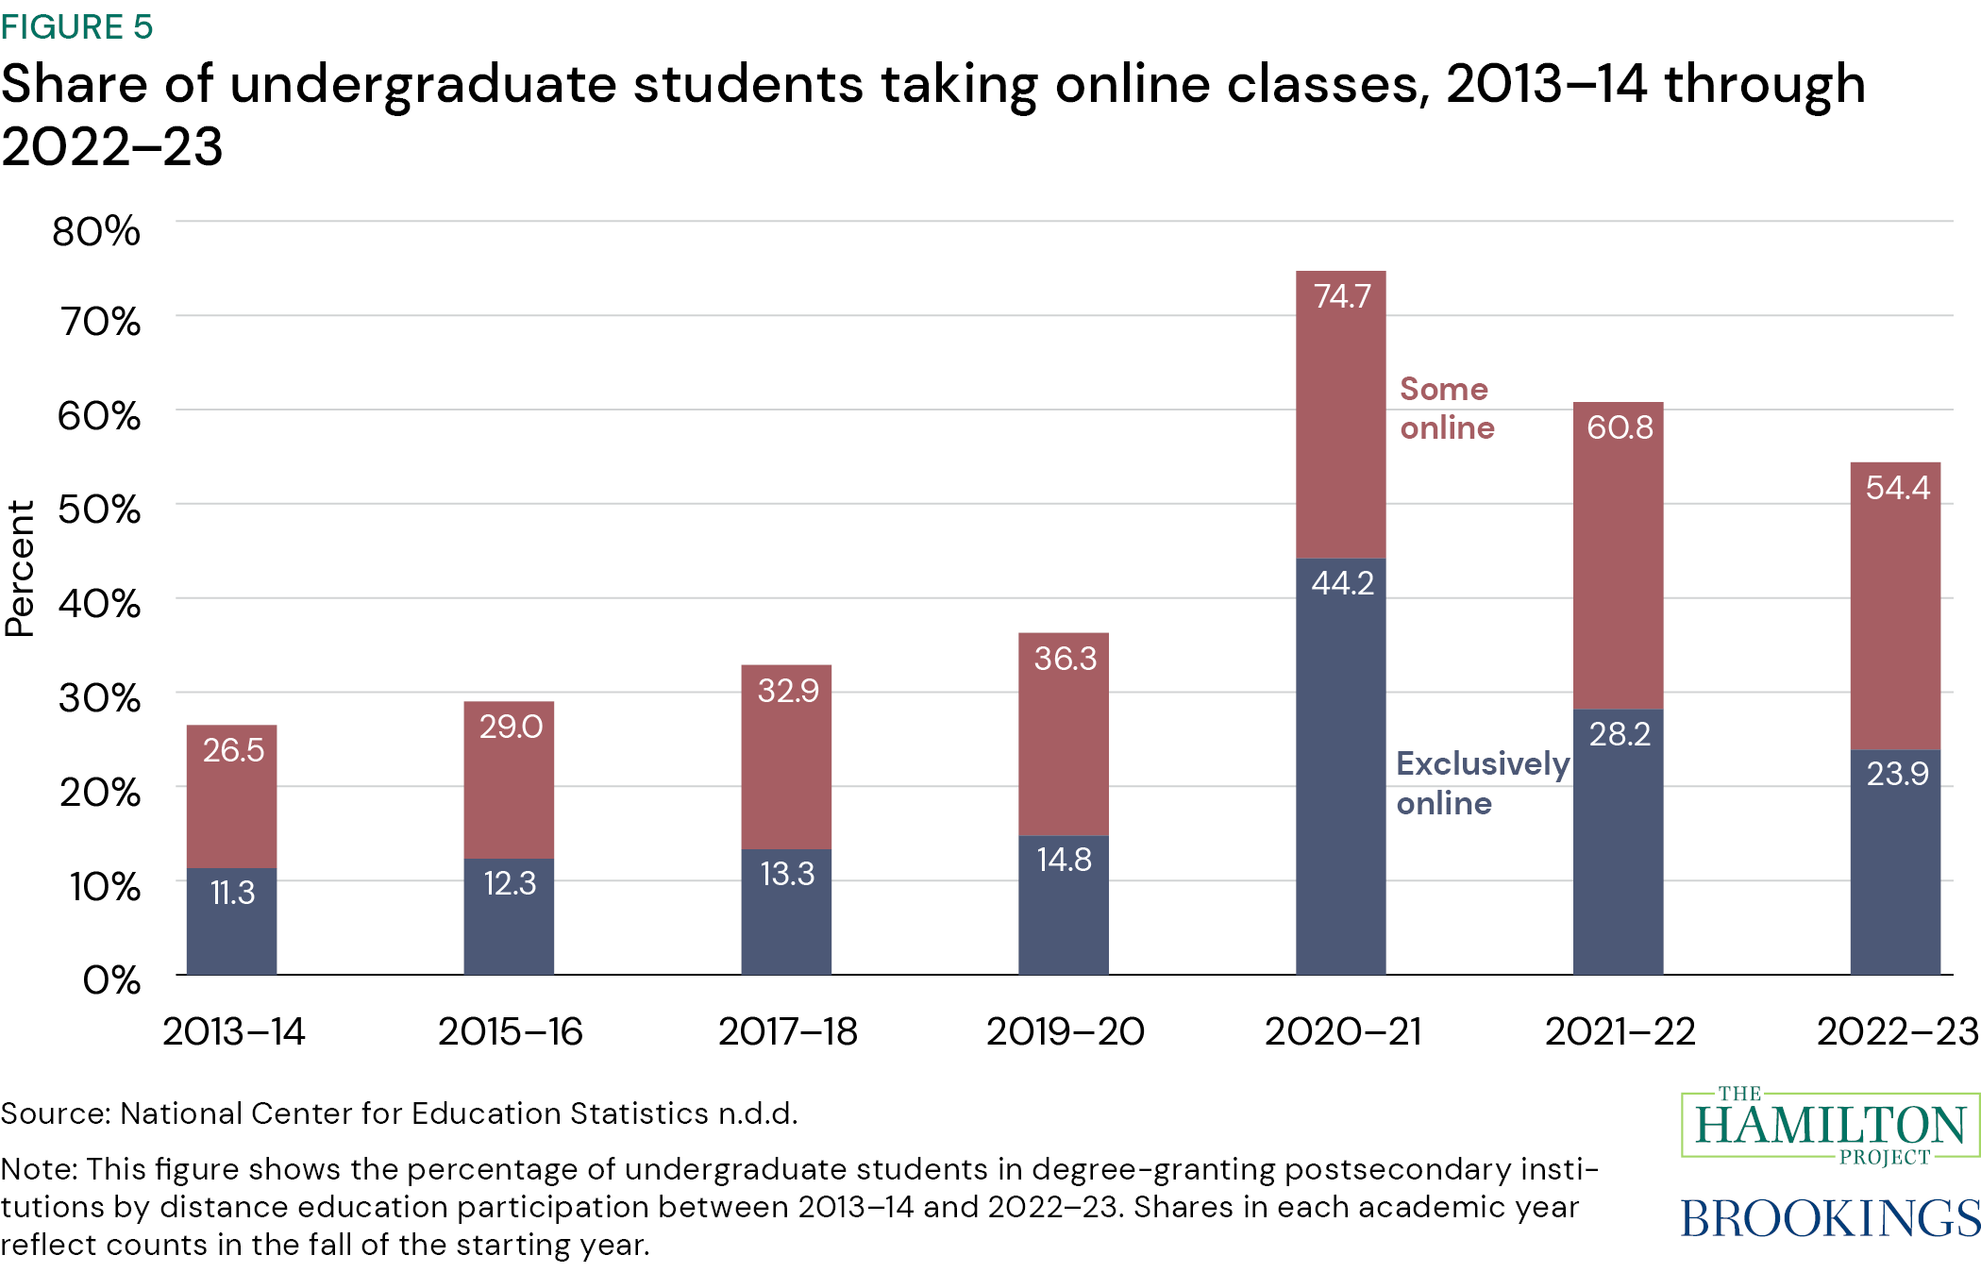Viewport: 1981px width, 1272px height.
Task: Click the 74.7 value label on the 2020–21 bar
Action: click(1341, 296)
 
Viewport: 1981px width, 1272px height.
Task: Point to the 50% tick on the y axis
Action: click(99, 510)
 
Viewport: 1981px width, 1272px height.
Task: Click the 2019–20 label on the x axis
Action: click(1065, 1031)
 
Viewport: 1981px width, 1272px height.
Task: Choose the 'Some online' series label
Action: click(1446, 409)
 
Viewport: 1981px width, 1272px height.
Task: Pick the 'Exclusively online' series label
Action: click(1482, 783)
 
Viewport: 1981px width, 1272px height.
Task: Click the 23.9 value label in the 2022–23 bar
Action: click(1897, 774)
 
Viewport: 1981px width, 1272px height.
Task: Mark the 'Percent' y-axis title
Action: click(21, 568)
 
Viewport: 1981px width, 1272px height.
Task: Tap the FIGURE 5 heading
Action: click(76, 26)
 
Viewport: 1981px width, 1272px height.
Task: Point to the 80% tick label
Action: click(96, 231)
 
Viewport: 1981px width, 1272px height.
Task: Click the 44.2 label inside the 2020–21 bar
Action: click(1341, 583)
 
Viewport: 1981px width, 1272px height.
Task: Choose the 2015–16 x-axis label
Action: click(510, 1031)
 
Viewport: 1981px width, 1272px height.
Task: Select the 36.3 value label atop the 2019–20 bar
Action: click(1065, 658)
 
